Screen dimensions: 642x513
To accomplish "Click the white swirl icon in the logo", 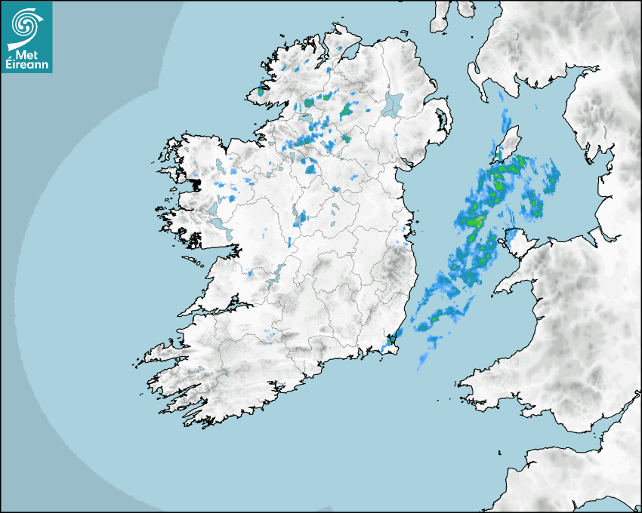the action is tap(25, 23).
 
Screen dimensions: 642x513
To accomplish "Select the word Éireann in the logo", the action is tap(26, 65).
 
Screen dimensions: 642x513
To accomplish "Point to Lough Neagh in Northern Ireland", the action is tap(393, 104).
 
